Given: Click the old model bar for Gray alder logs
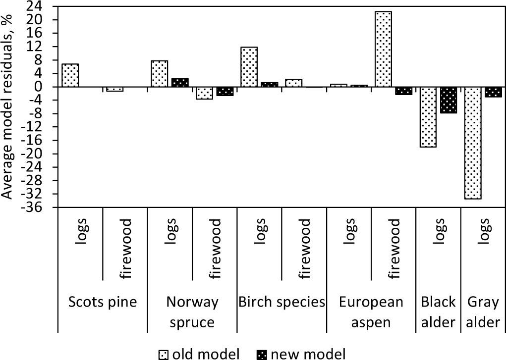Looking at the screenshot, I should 473,143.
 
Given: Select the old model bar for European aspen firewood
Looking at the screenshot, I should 383,49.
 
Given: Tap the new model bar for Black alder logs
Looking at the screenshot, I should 449,100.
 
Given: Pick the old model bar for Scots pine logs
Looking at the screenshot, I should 70,75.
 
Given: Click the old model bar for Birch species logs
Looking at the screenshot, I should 249,67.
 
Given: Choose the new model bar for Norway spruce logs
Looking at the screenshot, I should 180,83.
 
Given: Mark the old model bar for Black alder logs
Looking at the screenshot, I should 428,117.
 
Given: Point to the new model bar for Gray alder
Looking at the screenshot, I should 493,92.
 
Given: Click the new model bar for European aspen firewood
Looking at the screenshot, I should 403,91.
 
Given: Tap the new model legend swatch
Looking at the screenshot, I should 261,354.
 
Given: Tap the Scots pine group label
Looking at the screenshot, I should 103,302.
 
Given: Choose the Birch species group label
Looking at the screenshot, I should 281,302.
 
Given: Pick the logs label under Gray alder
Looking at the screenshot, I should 484,229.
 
